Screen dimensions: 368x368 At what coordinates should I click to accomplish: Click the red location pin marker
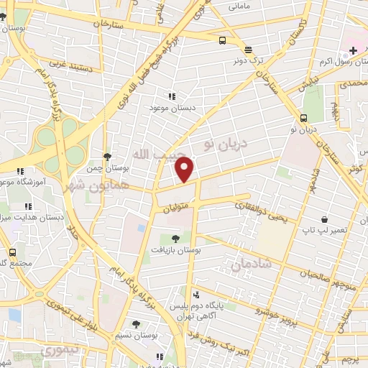(x=185, y=170)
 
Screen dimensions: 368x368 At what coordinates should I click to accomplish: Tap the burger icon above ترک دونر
(x=248, y=50)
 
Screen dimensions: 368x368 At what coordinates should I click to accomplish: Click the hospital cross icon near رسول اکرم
(x=352, y=50)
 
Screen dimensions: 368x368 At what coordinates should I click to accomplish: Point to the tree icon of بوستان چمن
(x=107, y=156)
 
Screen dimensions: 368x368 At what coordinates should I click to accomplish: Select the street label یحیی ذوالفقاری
(x=265, y=213)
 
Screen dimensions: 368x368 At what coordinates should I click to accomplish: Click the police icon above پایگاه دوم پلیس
(x=196, y=294)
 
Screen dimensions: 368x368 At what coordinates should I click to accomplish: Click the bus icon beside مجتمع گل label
(x=12, y=252)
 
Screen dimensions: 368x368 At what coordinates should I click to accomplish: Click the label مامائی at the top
(x=239, y=6)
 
